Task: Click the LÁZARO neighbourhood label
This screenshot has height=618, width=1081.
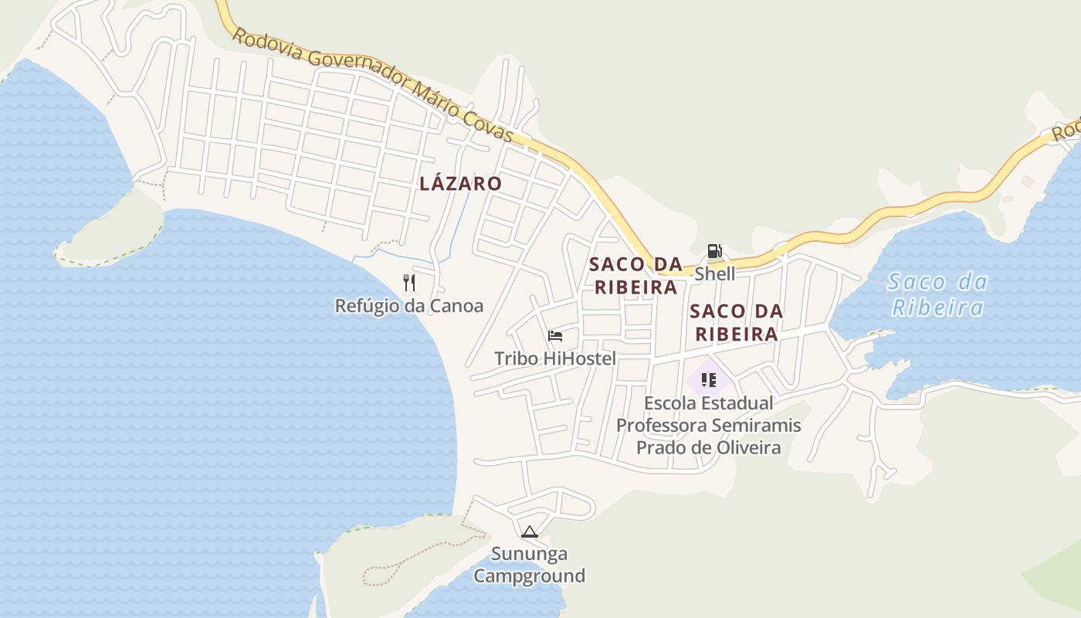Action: pos(460,184)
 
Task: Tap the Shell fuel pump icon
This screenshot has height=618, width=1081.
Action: pos(714,251)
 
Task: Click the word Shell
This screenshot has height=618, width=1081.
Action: pos(715,274)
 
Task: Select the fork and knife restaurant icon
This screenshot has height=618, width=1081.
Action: pos(409,283)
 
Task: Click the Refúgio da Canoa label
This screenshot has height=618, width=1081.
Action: pos(408,306)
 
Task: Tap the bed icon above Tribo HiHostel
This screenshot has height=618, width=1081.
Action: pos(554,335)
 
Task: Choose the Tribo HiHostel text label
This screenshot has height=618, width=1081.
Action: pos(554,358)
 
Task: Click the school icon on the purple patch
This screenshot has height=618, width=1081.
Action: pos(708,379)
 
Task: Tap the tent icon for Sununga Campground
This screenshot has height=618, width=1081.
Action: pos(529,531)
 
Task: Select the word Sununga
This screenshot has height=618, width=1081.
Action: pos(530,554)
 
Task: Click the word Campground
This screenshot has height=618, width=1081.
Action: pos(529,576)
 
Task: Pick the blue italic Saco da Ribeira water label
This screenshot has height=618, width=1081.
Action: pos(937,295)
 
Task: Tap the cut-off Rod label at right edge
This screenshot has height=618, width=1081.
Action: pos(1068,131)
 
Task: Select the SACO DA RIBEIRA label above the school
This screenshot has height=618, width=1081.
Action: pos(736,323)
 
